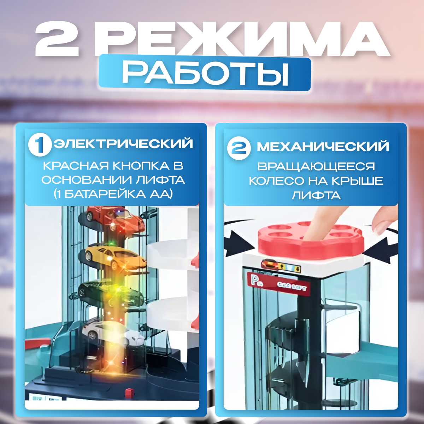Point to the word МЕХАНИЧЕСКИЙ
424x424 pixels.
[x=323, y=147]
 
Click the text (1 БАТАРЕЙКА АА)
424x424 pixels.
[x=113, y=194]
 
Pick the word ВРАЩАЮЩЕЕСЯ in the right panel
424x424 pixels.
[x=316, y=166]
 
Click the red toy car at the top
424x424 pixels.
[x=114, y=218]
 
